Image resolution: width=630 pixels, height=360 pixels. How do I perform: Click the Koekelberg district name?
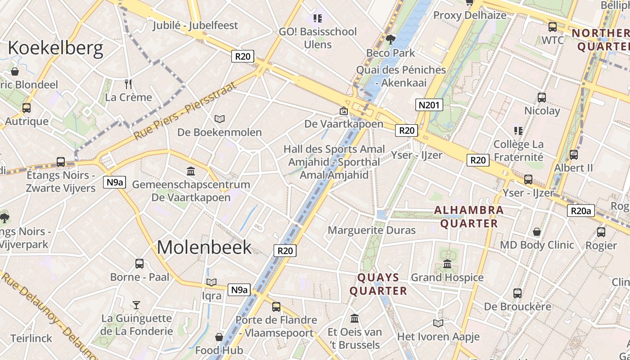tap(55, 48)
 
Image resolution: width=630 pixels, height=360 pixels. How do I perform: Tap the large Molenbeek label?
tap(204, 247)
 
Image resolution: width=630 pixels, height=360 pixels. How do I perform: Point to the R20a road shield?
tap(580, 211)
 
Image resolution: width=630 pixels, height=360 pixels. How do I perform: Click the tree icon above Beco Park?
tap(391, 40)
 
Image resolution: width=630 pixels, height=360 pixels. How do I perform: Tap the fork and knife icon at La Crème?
tap(128, 84)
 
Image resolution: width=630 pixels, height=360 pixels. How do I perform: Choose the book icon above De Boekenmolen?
tap(219, 119)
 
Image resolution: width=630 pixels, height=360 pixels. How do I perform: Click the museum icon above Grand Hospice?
tap(447, 264)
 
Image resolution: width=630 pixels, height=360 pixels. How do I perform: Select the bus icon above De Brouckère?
tap(517, 293)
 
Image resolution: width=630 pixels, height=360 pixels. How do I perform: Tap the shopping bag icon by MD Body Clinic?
tap(536, 232)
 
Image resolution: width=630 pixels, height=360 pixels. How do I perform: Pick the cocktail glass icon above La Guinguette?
tap(136, 305)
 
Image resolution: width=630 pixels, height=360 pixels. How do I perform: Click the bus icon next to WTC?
tap(552, 27)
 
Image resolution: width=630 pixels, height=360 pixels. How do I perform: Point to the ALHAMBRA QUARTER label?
tap(469, 217)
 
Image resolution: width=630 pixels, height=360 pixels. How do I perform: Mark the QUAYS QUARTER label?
tap(378, 284)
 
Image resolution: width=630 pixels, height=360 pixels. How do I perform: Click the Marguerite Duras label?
tap(372, 230)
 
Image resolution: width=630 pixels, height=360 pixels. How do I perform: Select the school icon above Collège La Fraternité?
tap(518, 131)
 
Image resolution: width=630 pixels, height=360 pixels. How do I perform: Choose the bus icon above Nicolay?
tap(542, 98)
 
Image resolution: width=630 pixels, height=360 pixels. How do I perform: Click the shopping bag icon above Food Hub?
tap(219, 337)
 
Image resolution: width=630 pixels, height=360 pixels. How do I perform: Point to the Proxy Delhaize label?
tap(470, 15)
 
